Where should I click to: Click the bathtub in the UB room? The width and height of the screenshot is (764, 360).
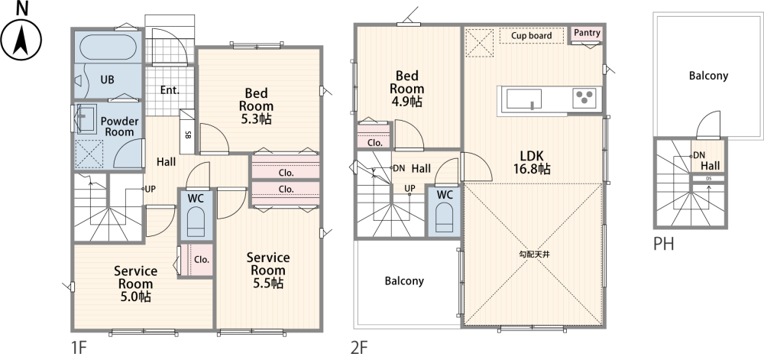coord(108,47)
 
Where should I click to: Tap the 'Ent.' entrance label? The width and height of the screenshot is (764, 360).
coord(170,90)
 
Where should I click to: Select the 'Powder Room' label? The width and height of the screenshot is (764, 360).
coord(120,127)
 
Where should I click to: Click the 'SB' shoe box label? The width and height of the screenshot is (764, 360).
coord(188,135)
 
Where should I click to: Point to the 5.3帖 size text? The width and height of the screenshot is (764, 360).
coord(255,119)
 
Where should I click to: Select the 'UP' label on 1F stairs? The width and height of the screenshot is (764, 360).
coord(151,189)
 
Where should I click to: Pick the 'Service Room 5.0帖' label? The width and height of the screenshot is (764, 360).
coord(135,284)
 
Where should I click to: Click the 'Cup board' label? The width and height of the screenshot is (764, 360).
coord(526,35)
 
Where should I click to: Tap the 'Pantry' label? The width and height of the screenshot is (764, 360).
coord(586,33)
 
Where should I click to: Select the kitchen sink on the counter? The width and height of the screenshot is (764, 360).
coord(524,99)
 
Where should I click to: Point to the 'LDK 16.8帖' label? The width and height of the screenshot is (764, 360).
coord(533,162)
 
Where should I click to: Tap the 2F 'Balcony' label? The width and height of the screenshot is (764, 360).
coord(403,281)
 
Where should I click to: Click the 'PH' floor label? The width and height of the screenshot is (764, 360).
coord(663,247)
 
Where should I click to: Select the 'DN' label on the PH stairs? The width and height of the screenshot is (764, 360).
coord(698,154)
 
